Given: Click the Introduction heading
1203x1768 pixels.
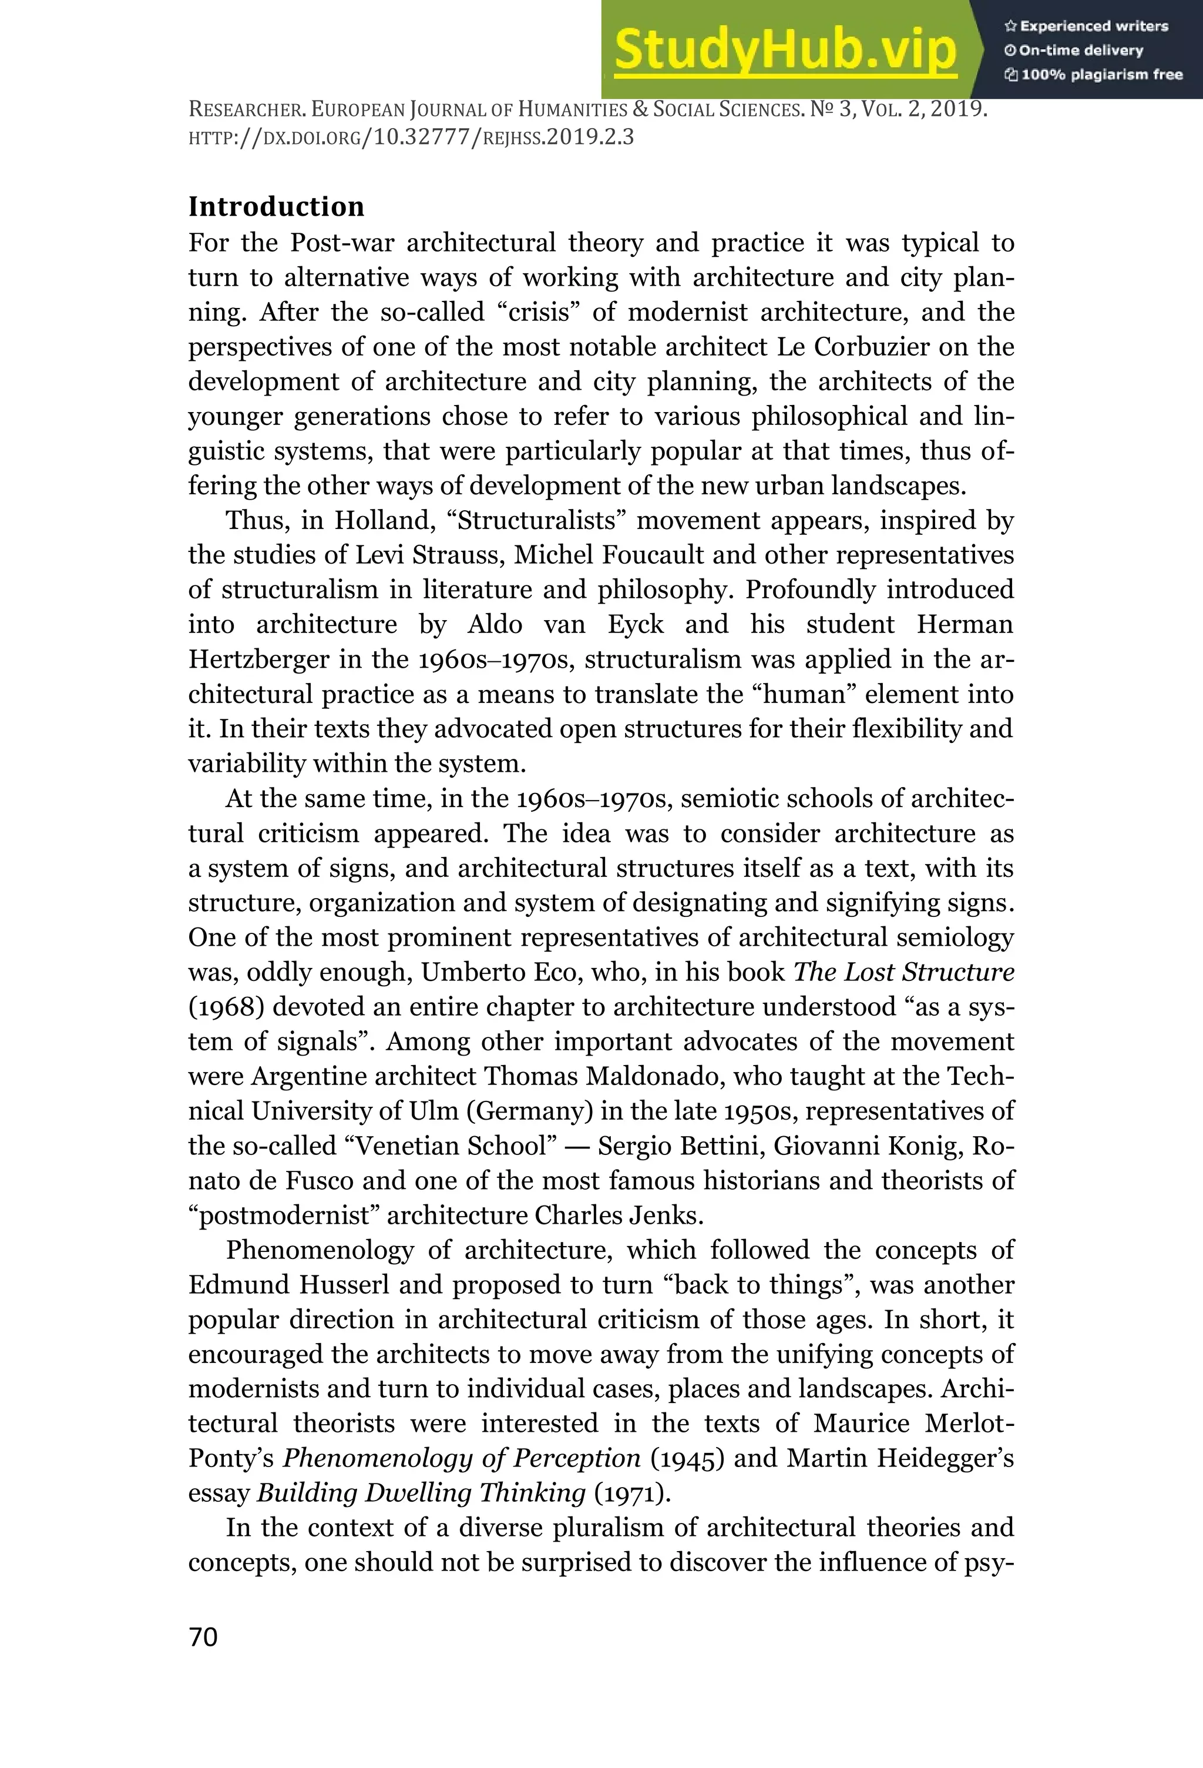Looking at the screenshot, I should pos(276,206).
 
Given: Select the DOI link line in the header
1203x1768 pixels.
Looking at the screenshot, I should pos(411,138).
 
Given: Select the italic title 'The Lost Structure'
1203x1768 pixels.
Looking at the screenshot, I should pos(903,972).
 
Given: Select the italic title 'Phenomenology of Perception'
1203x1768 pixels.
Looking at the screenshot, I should pos(462,1458).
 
